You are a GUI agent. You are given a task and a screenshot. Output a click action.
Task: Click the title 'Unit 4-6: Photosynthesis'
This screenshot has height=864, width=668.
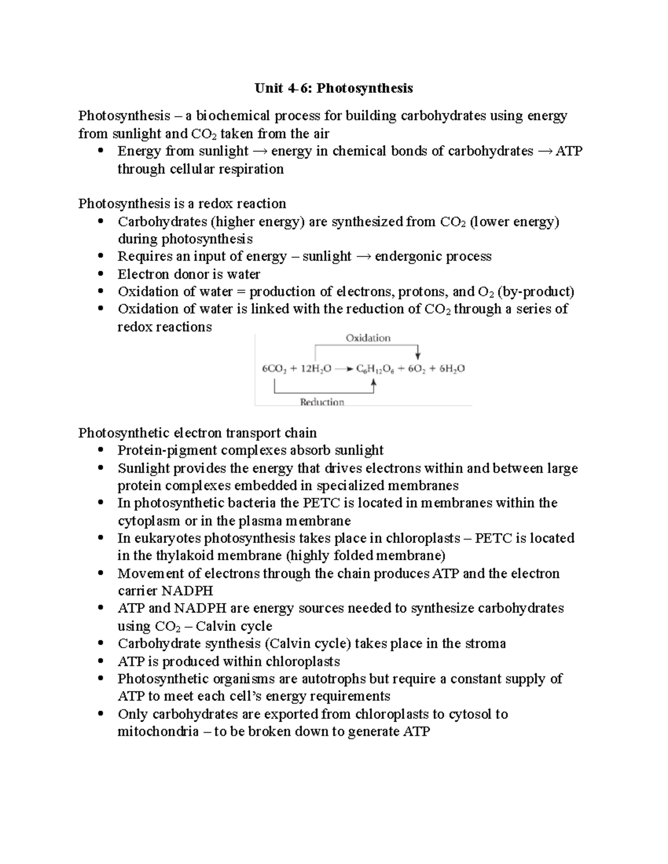(333, 88)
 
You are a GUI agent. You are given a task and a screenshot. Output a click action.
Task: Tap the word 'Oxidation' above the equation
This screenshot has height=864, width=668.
(368, 338)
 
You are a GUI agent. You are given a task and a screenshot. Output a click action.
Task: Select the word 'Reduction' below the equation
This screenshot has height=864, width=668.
(322, 402)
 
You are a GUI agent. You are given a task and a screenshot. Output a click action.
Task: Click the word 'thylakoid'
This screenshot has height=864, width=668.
(184, 556)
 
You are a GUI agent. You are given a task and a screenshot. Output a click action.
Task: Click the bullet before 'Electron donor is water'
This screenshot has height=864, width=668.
(100, 274)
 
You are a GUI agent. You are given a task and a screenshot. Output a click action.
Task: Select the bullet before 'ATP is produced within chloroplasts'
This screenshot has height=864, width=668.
(100, 661)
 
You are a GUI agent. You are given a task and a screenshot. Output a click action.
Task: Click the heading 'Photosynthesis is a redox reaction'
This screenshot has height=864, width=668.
(182, 204)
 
